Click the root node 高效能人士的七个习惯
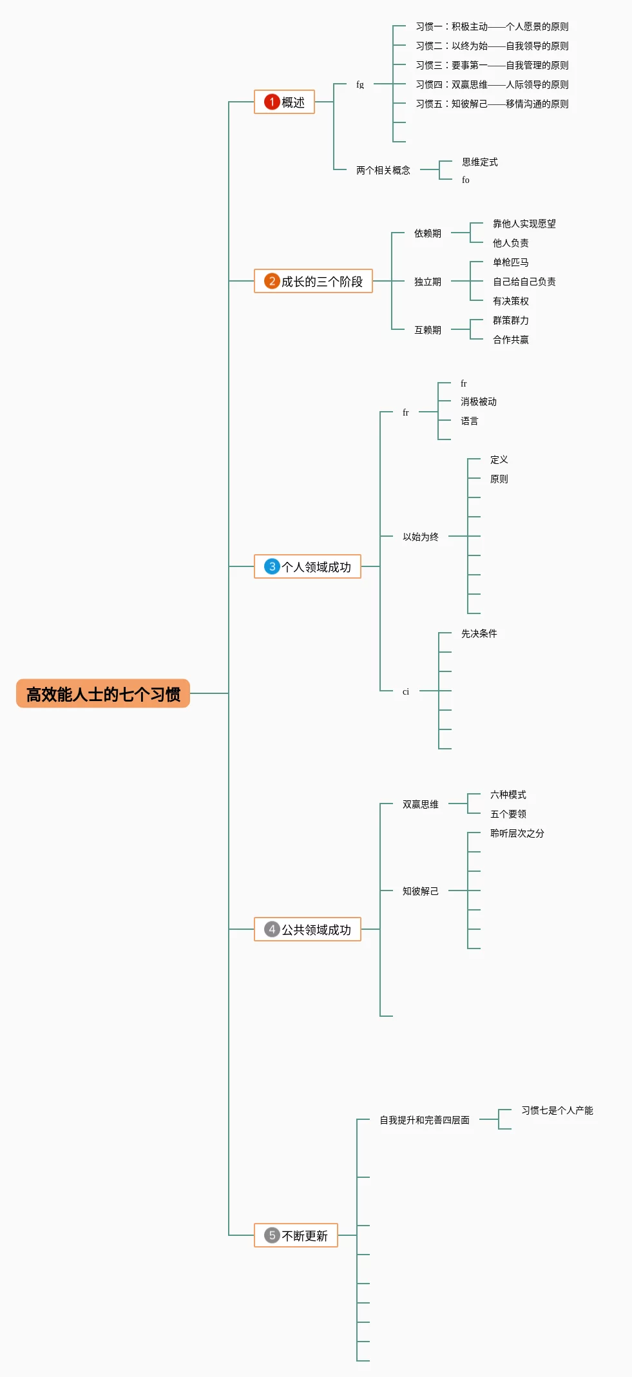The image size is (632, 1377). coord(103,694)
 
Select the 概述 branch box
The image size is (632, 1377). coord(285,102)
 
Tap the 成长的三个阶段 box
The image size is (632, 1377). coord(314,282)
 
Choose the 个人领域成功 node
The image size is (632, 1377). coord(308,567)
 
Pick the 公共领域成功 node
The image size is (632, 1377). coord(308,930)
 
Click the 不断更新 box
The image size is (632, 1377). coord(296,1236)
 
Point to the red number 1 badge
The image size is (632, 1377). coord(272,102)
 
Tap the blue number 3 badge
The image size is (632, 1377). coord(272,566)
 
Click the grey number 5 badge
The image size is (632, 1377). coord(272,1235)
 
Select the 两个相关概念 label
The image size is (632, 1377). coord(383,170)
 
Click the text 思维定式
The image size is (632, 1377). coord(479,162)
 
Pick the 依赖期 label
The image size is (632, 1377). coord(427,233)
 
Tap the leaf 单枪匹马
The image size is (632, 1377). coord(510,262)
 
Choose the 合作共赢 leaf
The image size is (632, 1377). coord(510,340)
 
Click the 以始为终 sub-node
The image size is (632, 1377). coord(420,537)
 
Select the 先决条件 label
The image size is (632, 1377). coord(479,633)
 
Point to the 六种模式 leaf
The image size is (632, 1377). coord(508,794)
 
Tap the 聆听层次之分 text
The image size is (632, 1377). coord(517,833)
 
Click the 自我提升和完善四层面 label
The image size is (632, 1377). coord(424,1120)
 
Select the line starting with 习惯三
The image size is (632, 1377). coord(492,65)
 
